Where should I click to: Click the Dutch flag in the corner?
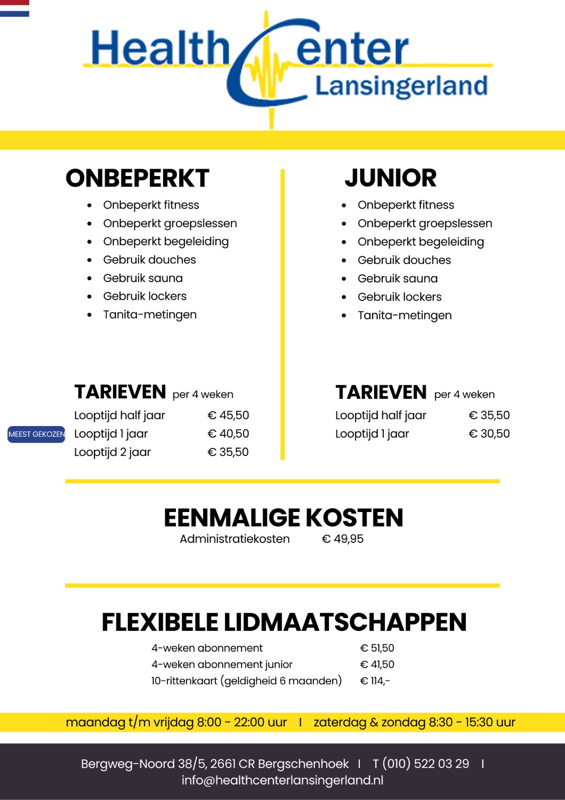(x=14, y=8)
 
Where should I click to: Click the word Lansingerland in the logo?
(x=401, y=86)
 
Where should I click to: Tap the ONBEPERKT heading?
(x=138, y=178)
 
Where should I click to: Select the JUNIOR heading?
(x=390, y=178)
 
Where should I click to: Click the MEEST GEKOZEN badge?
(x=36, y=434)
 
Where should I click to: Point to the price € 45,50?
(x=228, y=415)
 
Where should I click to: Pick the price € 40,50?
(x=228, y=434)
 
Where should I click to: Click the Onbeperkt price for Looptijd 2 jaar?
(x=228, y=452)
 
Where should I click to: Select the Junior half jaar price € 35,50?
(x=489, y=415)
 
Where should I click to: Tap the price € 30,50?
(x=489, y=434)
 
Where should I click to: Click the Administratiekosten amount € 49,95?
(x=343, y=539)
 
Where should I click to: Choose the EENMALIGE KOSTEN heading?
(x=283, y=518)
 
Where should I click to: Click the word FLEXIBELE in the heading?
(x=160, y=622)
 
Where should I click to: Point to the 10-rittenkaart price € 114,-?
(x=375, y=681)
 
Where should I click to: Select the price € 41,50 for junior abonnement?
(x=377, y=665)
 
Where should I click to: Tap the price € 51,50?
(x=377, y=648)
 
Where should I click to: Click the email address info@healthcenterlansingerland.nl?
(x=282, y=780)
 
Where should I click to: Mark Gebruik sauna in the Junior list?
(x=398, y=278)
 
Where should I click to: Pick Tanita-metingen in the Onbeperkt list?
(x=150, y=315)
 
